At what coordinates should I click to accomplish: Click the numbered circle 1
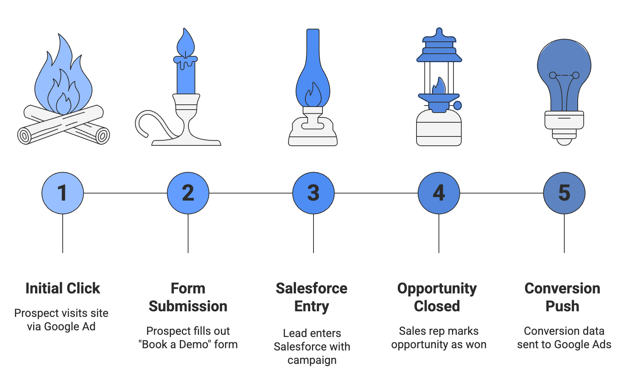[63, 193]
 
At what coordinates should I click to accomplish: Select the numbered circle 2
[188, 193]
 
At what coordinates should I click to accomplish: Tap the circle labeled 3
[313, 193]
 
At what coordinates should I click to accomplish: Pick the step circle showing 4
[439, 193]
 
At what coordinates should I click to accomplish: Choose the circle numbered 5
[564, 193]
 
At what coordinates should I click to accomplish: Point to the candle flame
[185, 43]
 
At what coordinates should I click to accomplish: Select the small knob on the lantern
[458, 106]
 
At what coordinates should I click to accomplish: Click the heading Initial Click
[63, 288]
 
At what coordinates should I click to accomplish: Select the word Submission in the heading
[188, 306]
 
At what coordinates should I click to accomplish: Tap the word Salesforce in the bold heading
[312, 288]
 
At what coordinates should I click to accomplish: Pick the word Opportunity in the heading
[437, 288]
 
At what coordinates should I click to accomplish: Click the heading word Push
[562, 306]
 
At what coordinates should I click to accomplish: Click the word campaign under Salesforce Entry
[312, 360]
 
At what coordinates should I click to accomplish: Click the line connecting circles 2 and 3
[251, 193]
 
